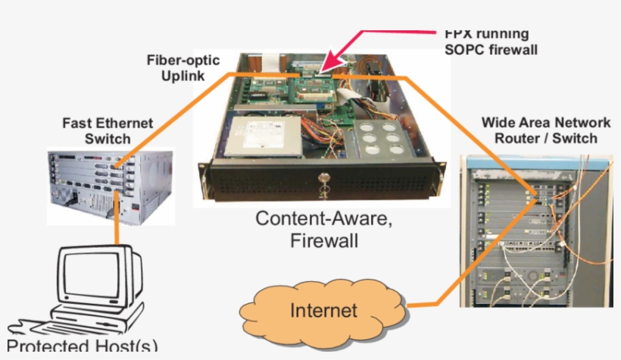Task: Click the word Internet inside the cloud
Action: [323, 310]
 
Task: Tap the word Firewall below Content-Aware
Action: [325, 241]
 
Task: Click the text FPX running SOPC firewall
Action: [485, 42]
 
